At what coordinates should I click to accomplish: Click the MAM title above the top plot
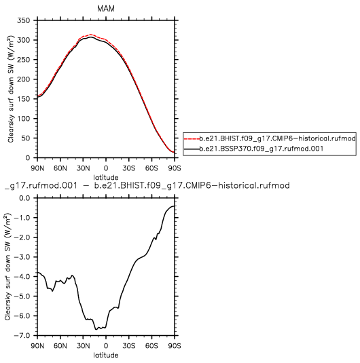[106, 9]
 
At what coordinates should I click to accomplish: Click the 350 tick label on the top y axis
[23, 20]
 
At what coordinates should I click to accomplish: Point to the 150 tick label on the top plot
[23, 99]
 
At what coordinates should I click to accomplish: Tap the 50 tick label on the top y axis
[26, 138]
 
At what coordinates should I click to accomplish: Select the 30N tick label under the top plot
[83, 168]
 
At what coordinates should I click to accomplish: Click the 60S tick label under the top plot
[151, 168]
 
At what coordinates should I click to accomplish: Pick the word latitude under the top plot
[106, 178]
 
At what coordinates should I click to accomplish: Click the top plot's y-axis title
[11, 89]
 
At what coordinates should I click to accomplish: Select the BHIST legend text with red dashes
[278, 138]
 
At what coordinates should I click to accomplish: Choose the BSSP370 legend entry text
[262, 149]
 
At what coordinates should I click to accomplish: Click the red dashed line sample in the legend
[192, 138]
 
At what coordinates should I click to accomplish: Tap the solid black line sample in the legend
[192, 149]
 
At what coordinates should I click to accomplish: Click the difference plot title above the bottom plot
[147, 186]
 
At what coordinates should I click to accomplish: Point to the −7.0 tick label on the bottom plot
[22, 336]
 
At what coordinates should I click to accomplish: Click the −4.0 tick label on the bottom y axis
[22, 277]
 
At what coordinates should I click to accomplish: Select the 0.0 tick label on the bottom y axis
[24, 198]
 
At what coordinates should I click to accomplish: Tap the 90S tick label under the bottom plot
[175, 346]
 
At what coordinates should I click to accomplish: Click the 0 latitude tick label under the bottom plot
[106, 346]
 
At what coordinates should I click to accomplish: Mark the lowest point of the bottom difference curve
[96, 330]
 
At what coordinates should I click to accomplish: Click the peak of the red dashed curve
[90, 35]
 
